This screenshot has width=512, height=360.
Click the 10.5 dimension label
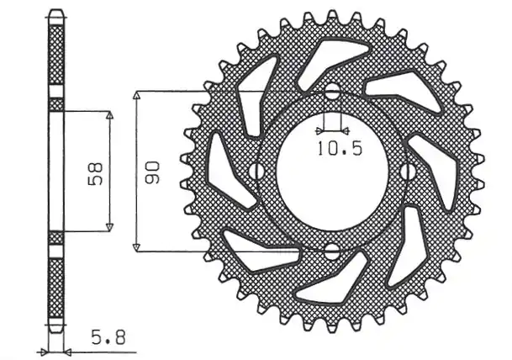[x=340, y=149]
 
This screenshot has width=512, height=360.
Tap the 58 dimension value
[x=95, y=174]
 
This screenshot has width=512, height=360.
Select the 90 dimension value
[x=152, y=172]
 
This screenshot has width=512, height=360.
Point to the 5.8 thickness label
[x=108, y=338]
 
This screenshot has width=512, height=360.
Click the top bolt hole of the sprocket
[x=332, y=92]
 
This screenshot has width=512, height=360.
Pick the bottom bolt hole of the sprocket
[x=332, y=251]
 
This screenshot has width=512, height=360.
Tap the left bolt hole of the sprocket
[x=256, y=172]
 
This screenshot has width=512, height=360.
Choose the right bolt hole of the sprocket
[x=408, y=172]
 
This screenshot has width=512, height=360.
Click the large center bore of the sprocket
[x=332, y=171]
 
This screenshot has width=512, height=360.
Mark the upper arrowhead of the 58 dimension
[x=109, y=115]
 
